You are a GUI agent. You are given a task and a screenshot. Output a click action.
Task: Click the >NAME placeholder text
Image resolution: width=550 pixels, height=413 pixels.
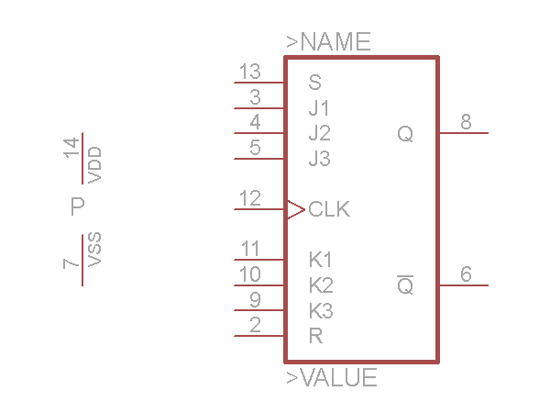point(328,42)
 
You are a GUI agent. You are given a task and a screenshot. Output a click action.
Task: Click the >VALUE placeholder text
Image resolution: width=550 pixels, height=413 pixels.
point(331,378)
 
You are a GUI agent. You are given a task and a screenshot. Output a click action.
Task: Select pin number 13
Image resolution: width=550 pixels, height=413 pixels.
point(249,72)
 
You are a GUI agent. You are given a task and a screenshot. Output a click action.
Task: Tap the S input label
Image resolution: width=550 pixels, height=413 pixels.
point(315,82)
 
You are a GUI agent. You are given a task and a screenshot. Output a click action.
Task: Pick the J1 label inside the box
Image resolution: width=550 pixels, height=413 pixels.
point(319,107)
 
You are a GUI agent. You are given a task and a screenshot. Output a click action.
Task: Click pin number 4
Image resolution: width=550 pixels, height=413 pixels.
point(255,122)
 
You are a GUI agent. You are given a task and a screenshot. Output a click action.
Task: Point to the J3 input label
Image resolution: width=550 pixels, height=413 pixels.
point(319,159)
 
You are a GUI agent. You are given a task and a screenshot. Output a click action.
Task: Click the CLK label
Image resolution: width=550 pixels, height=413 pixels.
point(329,209)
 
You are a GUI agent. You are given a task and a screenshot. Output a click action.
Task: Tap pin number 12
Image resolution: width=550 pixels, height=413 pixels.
point(249,198)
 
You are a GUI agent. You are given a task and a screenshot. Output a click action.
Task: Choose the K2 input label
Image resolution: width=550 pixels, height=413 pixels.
point(321,285)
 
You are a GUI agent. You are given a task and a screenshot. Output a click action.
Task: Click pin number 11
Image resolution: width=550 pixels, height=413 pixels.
point(249,249)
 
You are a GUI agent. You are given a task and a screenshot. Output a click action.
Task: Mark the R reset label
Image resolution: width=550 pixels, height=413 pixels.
point(315,336)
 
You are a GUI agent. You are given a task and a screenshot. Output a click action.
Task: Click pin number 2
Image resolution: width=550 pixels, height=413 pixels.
point(255,324)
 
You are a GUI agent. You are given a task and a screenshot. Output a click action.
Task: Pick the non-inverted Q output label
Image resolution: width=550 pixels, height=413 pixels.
point(405,134)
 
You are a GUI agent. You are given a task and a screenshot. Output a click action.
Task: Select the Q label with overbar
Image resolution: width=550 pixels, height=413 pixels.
point(405,285)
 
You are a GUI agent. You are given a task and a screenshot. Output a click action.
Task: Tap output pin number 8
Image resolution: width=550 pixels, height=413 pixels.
point(466,122)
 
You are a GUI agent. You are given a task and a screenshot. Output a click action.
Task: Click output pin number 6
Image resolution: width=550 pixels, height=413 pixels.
point(466,274)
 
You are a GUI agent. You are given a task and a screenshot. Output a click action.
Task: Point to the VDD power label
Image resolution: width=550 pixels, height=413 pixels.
point(94,165)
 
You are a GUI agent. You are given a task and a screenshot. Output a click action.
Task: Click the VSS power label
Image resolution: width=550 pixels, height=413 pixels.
point(94,250)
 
